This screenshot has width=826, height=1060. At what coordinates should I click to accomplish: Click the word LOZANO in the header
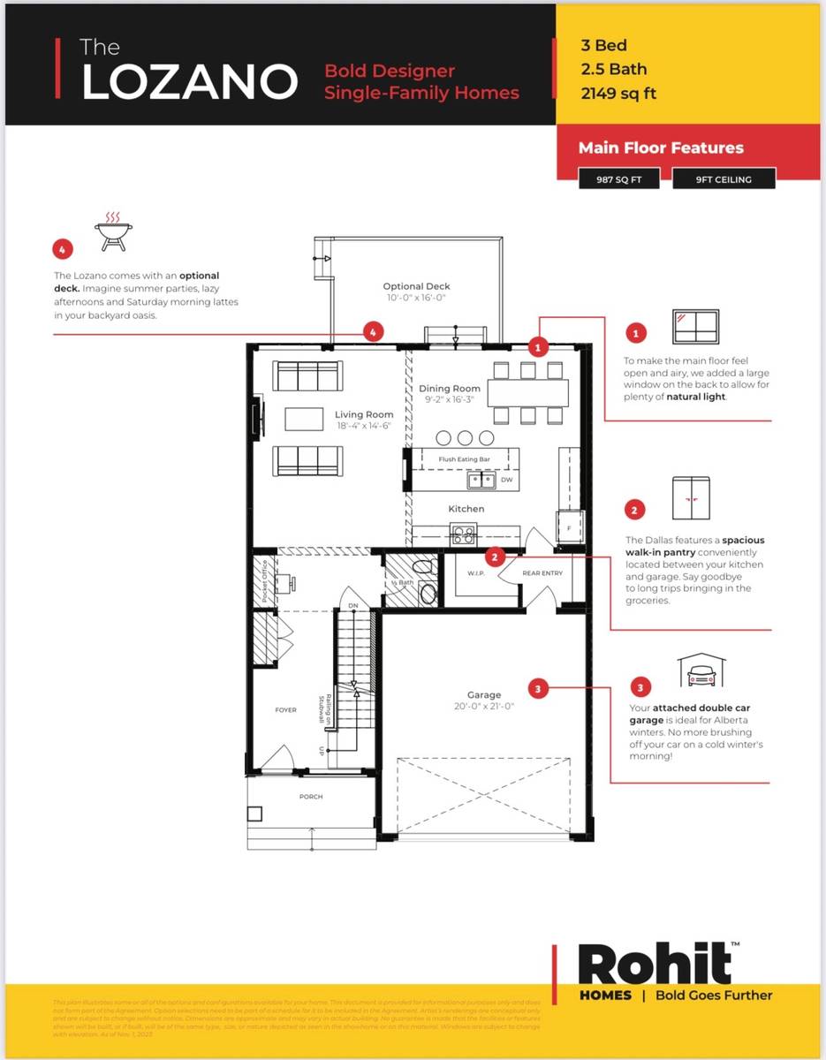coord(189,81)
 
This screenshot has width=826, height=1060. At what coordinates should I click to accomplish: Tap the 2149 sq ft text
coord(618,94)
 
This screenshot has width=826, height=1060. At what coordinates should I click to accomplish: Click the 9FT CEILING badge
coord(724,179)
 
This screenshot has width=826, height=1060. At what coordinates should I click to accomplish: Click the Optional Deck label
coord(416,286)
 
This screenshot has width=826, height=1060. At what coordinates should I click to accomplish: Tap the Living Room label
coord(364,414)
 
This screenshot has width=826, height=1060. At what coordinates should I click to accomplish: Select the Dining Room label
coord(450,389)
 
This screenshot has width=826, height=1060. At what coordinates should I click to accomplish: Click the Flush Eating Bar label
coord(465,459)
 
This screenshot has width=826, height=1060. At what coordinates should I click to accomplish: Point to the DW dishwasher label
coord(506,480)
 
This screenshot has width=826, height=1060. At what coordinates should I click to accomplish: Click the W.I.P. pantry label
coord(477,573)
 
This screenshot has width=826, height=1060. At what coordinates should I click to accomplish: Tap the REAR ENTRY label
coord(542,573)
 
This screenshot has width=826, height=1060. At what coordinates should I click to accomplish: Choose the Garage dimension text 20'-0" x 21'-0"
coord(484,706)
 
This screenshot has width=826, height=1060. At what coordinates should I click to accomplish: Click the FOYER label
coord(286,709)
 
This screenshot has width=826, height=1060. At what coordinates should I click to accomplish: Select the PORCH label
coord(311,797)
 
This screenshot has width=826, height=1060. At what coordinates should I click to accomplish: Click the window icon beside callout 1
coord(695,327)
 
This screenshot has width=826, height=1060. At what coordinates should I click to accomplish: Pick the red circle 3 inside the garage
coord(538,686)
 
